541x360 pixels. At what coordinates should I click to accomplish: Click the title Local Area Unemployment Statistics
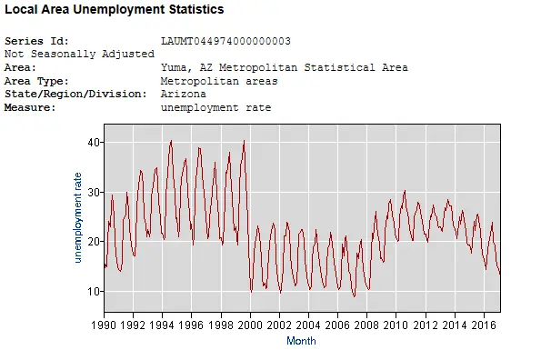pyautogui.click(x=115, y=9)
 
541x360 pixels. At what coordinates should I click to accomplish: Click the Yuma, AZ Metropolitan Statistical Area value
pyautogui.click(x=284, y=67)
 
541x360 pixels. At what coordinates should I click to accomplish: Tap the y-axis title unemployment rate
pyautogui.click(x=78, y=219)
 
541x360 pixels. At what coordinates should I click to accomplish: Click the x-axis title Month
pyautogui.click(x=301, y=341)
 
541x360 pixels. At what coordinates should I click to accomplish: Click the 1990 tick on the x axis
pyautogui.click(x=104, y=324)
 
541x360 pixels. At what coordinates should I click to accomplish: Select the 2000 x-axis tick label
pyautogui.click(x=250, y=324)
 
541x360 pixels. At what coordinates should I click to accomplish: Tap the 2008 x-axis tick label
pyautogui.click(x=366, y=324)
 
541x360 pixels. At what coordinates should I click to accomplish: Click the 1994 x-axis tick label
pyautogui.click(x=162, y=324)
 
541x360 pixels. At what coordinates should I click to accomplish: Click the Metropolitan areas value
pyautogui.click(x=219, y=81)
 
